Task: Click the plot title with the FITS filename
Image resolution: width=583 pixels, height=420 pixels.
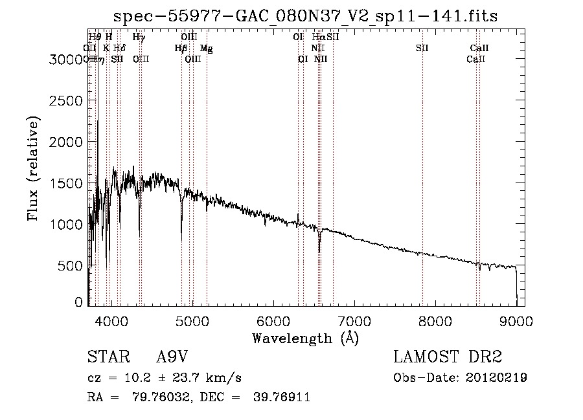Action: (305, 16)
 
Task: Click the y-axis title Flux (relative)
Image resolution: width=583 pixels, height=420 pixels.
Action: (33, 169)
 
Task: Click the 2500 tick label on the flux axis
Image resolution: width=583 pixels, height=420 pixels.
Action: (67, 101)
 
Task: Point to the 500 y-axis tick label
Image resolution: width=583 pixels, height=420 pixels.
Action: (73, 266)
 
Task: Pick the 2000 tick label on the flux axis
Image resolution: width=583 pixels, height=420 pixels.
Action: (67, 142)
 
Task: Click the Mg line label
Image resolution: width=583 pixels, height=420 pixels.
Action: (206, 48)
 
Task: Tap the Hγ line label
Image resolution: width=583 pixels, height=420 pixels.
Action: (139, 38)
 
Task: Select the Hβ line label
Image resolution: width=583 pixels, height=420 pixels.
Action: (181, 48)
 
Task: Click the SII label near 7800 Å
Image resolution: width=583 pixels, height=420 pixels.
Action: (422, 48)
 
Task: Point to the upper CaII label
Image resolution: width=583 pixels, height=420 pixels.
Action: (479, 48)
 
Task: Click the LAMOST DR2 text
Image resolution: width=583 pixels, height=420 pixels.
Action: (448, 358)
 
